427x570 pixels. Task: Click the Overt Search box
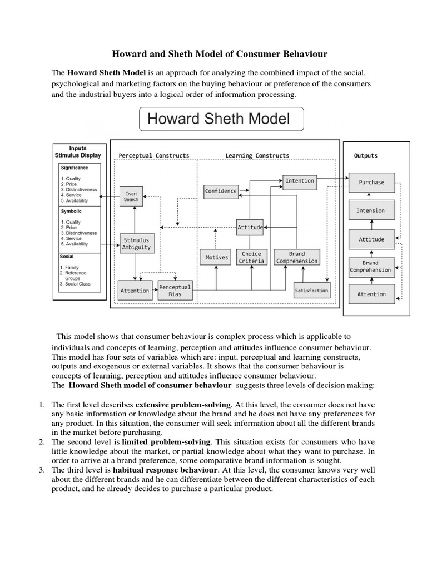131,196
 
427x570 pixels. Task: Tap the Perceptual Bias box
175,290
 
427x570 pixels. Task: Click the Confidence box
221,191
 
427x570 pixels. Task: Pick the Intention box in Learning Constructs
299,181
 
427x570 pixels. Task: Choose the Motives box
217,257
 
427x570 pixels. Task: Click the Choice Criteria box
251,257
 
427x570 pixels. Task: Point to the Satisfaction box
311,290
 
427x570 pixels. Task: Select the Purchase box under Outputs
371,182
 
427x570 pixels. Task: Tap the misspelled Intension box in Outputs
370,210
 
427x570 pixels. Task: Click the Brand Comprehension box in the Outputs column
370,267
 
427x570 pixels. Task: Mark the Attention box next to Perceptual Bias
135,290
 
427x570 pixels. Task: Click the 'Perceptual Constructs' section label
154,155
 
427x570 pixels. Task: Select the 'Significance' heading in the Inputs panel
74,168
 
